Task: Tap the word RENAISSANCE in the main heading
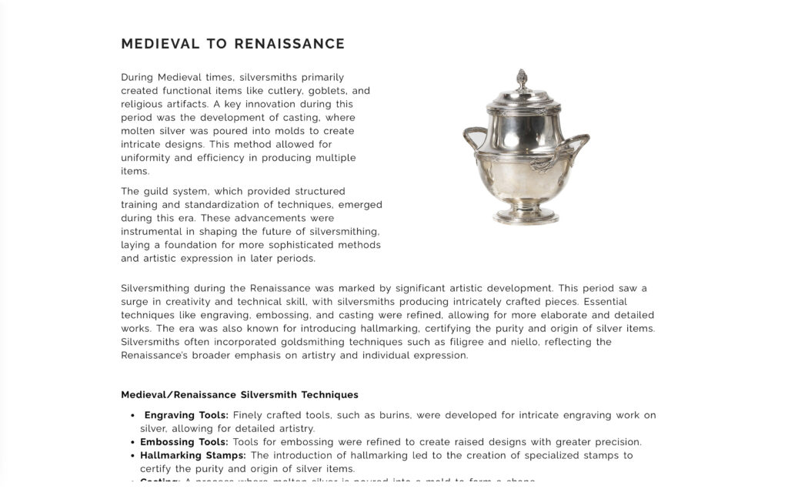pos(289,44)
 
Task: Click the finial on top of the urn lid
pos(522,79)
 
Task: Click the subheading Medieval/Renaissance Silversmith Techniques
pos(239,395)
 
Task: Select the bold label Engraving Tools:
pos(186,415)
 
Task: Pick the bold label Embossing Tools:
pos(184,442)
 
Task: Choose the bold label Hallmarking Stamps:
pos(192,455)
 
